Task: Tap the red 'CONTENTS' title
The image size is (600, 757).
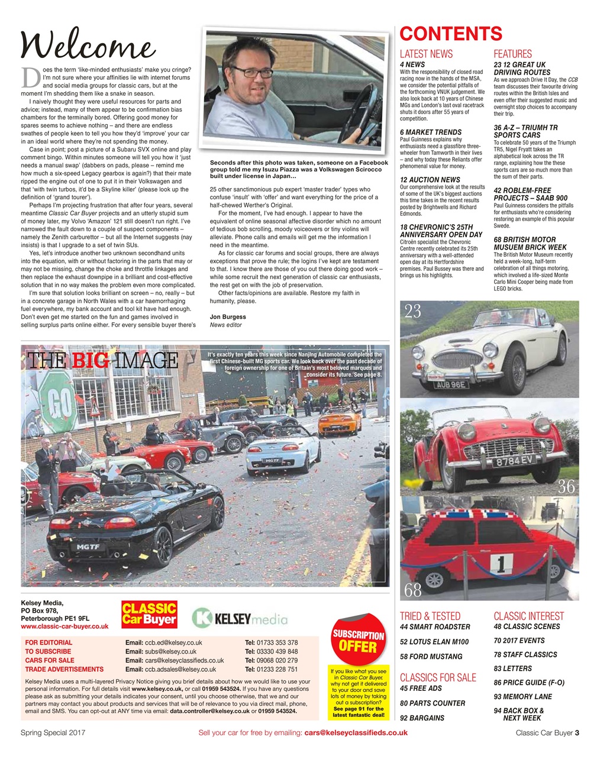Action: click(451, 34)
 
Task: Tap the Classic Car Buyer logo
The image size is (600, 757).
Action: click(149, 614)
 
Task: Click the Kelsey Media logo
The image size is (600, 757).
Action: click(240, 619)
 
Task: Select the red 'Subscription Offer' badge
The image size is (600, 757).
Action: click(359, 640)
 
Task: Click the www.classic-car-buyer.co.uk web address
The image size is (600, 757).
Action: click(64, 626)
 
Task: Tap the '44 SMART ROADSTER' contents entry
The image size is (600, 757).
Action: click(435, 627)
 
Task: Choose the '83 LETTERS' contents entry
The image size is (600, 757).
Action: click(512, 668)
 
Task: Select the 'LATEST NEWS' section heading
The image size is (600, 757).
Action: click(426, 54)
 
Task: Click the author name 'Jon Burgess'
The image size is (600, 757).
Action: click(228, 316)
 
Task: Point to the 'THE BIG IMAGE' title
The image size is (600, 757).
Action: click(102, 360)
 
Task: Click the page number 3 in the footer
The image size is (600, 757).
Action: click(577, 733)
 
